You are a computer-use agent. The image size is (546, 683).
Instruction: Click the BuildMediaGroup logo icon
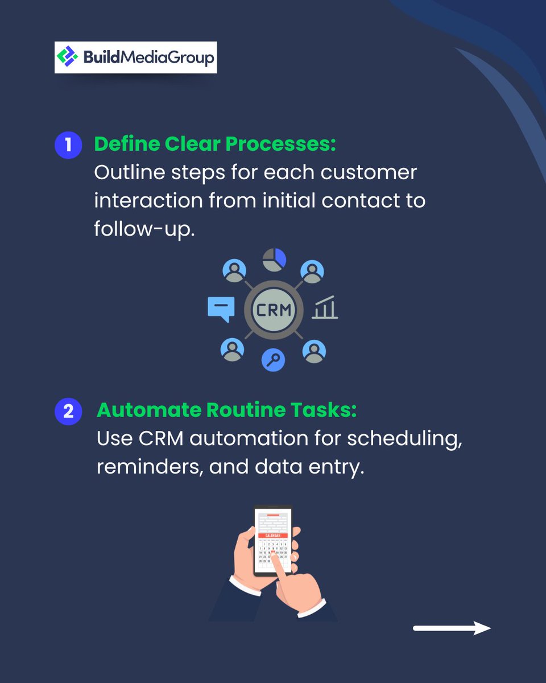[x=68, y=57]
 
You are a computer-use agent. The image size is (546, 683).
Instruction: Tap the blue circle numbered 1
[x=68, y=145]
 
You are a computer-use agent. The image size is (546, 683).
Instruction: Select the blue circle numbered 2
[x=68, y=410]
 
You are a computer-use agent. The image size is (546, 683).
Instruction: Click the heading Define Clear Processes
[x=215, y=145]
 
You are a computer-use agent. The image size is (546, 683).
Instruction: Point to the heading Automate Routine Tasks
[x=226, y=410]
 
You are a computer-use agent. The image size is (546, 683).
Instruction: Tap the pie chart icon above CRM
[x=274, y=259]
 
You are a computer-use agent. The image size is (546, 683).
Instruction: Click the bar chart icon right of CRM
[x=325, y=308]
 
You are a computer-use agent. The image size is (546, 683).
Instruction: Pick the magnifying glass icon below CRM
[x=274, y=360]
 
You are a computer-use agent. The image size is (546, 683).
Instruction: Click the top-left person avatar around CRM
[x=234, y=271]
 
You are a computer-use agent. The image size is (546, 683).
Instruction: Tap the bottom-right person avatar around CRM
[x=313, y=351]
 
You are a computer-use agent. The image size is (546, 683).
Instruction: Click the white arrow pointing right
[x=452, y=628]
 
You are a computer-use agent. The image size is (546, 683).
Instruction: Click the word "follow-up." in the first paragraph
[x=144, y=228]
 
